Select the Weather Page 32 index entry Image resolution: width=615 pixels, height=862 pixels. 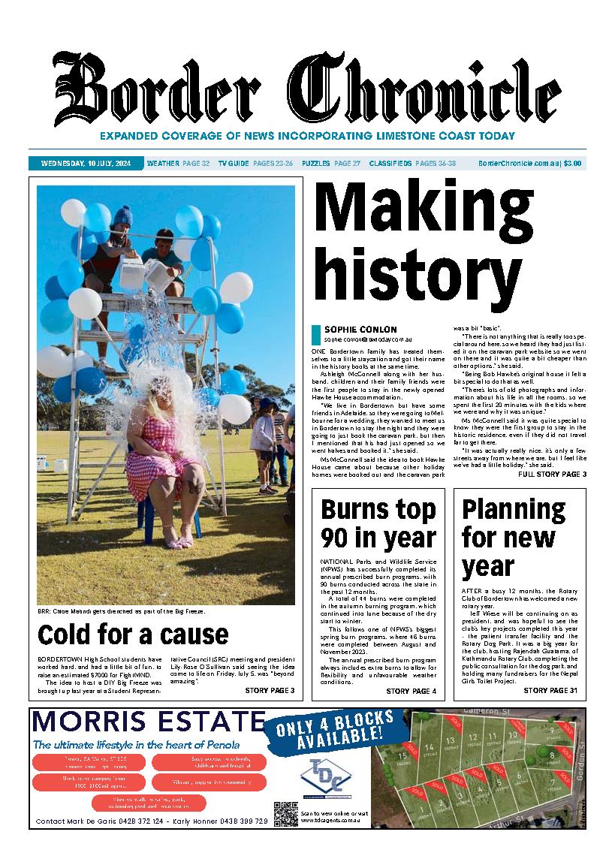(x=178, y=163)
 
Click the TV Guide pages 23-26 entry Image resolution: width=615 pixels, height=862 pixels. (x=255, y=163)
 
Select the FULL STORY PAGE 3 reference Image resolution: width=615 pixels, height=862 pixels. (x=552, y=475)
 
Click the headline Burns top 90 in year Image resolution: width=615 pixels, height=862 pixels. (x=378, y=523)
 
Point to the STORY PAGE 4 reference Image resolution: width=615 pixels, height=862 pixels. (x=411, y=691)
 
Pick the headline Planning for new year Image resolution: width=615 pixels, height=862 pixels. (x=513, y=538)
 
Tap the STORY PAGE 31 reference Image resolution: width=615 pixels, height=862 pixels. (x=550, y=691)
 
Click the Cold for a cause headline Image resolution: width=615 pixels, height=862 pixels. (x=132, y=635)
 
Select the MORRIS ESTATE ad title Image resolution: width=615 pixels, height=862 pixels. (x=149, y=722)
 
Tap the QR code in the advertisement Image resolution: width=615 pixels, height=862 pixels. (x=285, y=814)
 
